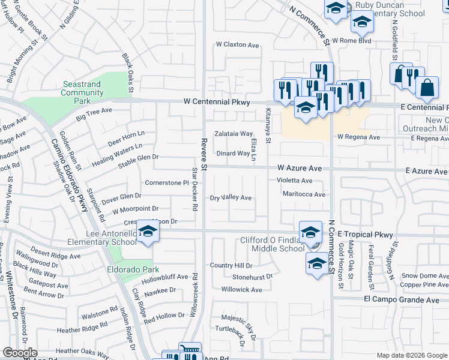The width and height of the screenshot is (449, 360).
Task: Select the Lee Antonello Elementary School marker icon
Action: [147, 232]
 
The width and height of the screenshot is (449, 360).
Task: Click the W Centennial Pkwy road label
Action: [216, 103]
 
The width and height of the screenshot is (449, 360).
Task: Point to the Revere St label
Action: [203, 154]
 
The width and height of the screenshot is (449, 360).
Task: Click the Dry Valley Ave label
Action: [231, 197]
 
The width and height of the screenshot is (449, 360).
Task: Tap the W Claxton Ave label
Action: [237, 45]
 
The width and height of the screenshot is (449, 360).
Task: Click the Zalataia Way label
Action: [234, 134]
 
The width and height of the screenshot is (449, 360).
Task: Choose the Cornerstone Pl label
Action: [167, 182]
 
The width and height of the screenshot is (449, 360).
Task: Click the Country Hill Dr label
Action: [231, 265]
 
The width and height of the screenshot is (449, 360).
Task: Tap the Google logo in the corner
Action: [20, 353]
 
